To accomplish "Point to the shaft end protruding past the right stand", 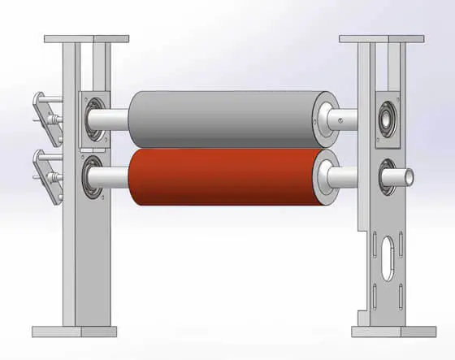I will [x=405, y=174].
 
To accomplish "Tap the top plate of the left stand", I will [x=86, y=39].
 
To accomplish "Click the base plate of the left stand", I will [x=74, y=331].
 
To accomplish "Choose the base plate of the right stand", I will [x=388, y=331].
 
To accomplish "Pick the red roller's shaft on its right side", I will [x=357, y=173].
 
